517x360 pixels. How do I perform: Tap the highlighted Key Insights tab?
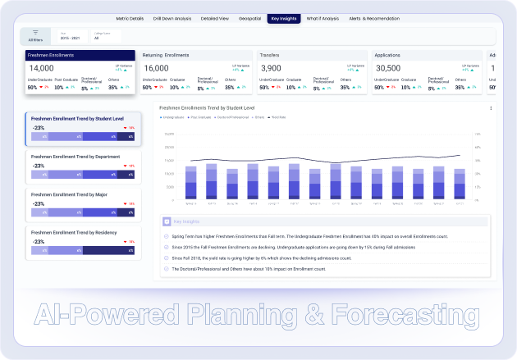coord(283,17)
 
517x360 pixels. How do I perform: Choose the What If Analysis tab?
coord(324,17)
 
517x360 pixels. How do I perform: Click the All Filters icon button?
coord(35,34)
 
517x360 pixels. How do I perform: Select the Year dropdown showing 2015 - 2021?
coord(69,38)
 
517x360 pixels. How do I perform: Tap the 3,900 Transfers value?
coord(270,68)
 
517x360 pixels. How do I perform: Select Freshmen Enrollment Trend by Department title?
coord(75,156)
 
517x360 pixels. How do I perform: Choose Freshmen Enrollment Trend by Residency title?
coord(74,232)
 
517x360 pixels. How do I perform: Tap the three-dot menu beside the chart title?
coord(491,107)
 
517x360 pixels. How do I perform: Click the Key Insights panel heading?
coord(188,221)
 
